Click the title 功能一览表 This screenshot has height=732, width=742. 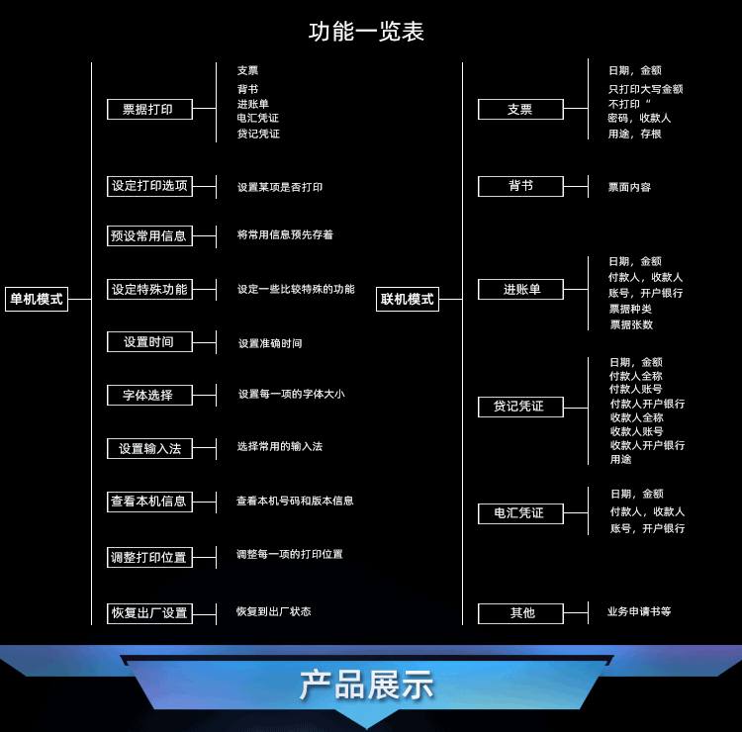pos(366,32)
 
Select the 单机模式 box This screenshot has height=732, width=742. pos(37,299)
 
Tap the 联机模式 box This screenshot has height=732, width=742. pos(408,299)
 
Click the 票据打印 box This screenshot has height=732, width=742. pos(148,110)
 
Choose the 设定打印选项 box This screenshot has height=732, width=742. pos(149,186)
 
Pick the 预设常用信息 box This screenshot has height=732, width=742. pos(149,236)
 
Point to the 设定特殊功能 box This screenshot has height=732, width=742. pos(149,290)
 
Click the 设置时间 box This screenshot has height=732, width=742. pos(149,342)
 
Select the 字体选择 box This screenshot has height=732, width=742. pos(149,396)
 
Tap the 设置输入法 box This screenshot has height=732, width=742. pos(149,449)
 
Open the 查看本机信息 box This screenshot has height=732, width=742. pos(149,502)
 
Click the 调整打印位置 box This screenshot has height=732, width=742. pos(149,558)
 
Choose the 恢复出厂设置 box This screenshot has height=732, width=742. pos(149,613)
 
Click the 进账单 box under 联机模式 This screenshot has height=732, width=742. pos(520,290)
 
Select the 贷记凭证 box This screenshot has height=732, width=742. pos(520,407)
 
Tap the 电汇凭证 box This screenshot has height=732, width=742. pos(520,513)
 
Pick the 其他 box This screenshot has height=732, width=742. pos(520,613)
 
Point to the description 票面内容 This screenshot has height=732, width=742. pos(629,187)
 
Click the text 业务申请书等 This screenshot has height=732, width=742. pos(639,612)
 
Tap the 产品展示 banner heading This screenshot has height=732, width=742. pos(366,685)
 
